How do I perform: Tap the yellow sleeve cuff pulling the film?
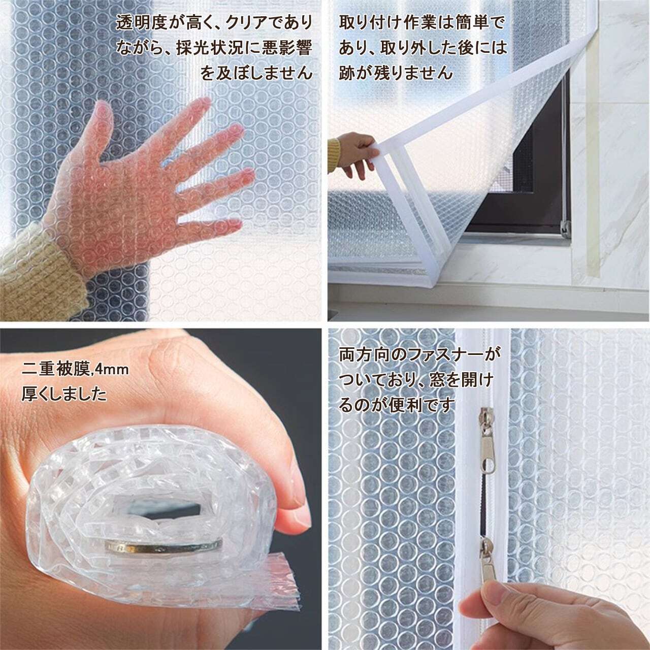[334, 153]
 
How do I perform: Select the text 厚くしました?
[64, 394]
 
